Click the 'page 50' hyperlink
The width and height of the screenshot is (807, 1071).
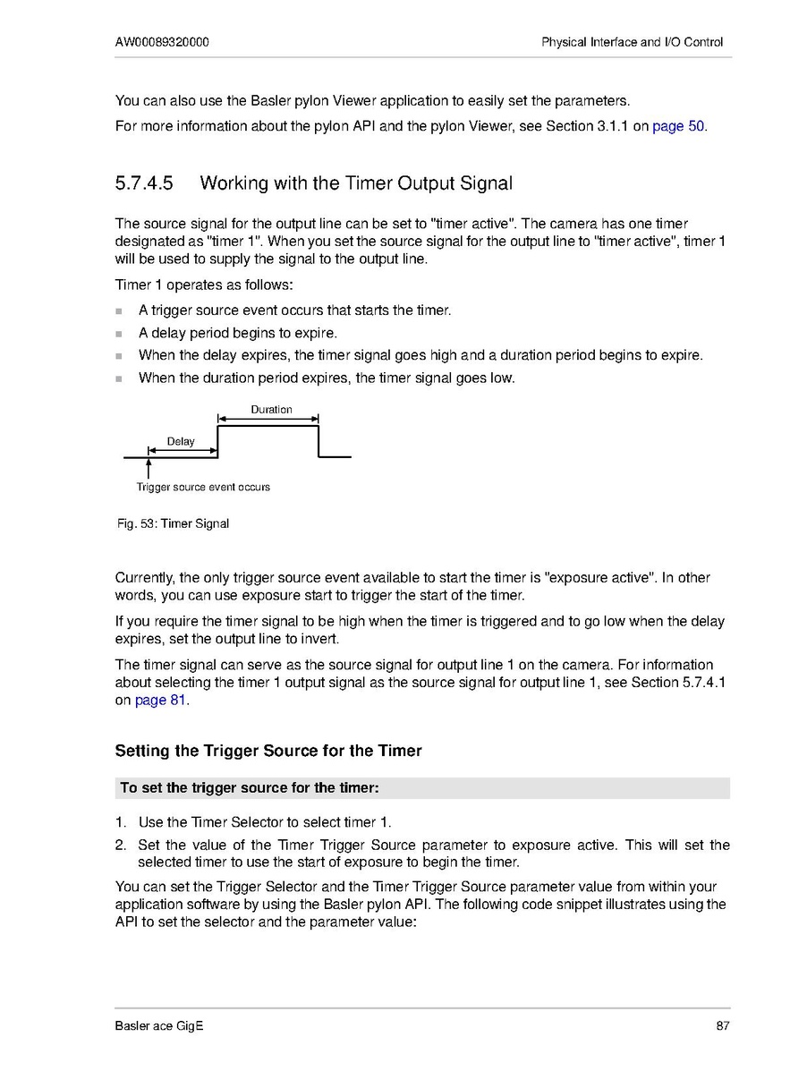click(x=678, y=126)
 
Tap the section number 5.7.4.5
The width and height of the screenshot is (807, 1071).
click(x=143, y=183)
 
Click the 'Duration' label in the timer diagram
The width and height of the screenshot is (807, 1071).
click(x=271, y=409)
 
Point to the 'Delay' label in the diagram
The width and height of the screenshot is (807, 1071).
click(x=181, y=441)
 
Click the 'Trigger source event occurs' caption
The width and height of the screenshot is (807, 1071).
click(x=203, y=488)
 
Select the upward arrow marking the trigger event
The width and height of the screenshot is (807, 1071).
click(x=149, y=469)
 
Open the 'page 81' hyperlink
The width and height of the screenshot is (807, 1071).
click(x=160, y=701)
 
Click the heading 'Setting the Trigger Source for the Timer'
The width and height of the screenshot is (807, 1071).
click(x=268, y=751)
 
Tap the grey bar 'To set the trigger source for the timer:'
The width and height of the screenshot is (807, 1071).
click(x=422, y=788)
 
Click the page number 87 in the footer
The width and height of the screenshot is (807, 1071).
click(x=723, y=1025)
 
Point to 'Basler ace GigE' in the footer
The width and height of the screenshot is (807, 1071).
click(x=159, y=1025)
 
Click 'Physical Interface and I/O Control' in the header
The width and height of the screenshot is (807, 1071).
click(x=632, y=42)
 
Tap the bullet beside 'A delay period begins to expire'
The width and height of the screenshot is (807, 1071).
click(x=119, y=334)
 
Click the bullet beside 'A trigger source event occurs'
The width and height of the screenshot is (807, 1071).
click(x=119, y=311)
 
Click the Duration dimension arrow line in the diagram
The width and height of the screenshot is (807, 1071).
click(x=268, y=418)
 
